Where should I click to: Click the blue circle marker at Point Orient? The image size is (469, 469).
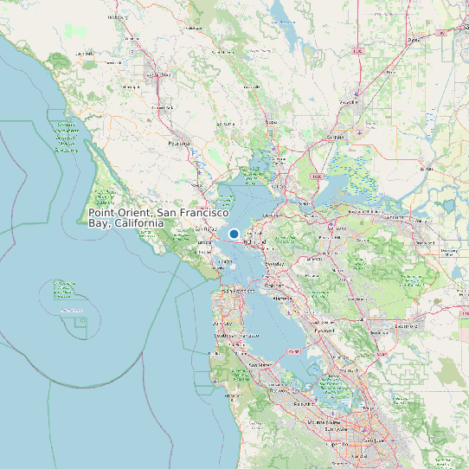tap(234, 234)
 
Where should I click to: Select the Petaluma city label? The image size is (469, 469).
tap(179, 143)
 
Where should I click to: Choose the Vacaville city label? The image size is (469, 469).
tap(349, 102)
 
